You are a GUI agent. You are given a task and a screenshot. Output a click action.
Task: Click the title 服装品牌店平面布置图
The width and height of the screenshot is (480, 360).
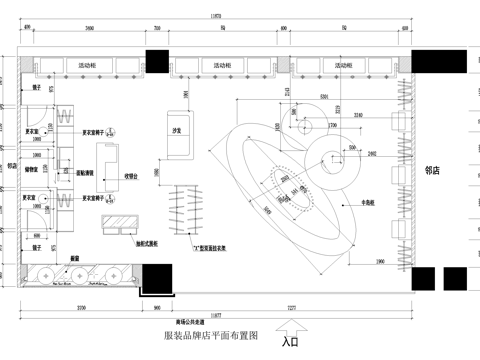click(x=211, y=335)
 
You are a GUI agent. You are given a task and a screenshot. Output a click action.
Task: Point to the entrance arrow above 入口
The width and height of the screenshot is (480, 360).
click(x=291, y=326)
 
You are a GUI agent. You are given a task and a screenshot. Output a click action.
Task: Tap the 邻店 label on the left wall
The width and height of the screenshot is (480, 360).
click(x=12, y=165)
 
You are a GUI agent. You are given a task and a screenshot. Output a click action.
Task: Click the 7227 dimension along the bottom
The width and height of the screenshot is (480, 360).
click(x=291, y=304)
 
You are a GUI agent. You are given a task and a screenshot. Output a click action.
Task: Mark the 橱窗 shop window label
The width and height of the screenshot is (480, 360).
click(x=73, y=258)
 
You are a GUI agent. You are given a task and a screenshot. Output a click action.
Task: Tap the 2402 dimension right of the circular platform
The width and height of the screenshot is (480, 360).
click(x=371, y=153)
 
